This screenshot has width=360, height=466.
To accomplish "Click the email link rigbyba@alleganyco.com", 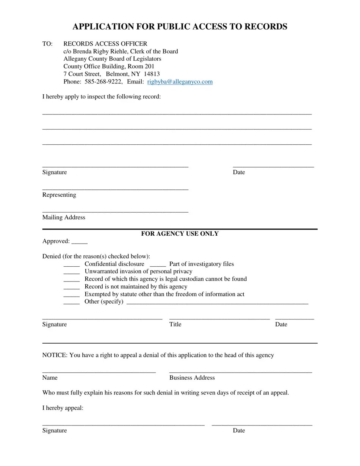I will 180,81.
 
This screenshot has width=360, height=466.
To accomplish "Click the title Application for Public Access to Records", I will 180,27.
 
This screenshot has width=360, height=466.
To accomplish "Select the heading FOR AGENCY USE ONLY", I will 180,234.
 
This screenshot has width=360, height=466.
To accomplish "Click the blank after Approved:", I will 79,242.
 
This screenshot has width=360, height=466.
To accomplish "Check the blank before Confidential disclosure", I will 71,264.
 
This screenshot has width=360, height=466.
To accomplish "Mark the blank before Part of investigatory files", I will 158,264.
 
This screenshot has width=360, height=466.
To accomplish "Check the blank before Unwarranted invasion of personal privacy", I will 71,272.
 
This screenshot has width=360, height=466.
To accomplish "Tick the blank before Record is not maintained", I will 71,287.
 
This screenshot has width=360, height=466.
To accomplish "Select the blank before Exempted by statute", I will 71,295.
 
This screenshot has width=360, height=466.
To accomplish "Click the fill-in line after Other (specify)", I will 217,302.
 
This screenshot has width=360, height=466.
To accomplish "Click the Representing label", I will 59,195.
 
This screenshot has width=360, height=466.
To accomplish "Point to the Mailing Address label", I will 64,217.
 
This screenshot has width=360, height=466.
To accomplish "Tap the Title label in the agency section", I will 175,324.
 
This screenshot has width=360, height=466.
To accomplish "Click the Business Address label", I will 192,378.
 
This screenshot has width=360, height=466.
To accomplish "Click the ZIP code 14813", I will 152,74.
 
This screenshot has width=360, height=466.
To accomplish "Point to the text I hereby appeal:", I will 63,408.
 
